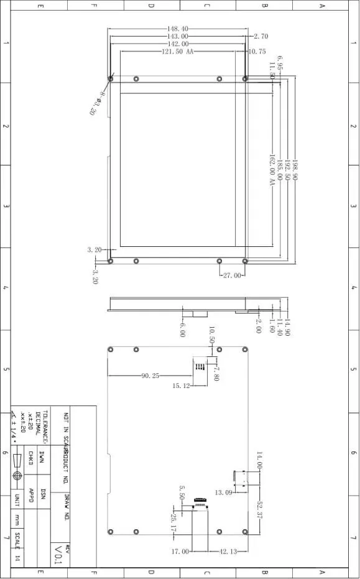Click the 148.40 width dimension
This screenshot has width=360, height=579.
pyautogui.click(x=177, y=29)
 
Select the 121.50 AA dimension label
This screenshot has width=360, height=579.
pyautogui.click(x=178, y=52)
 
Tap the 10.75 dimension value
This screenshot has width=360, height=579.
pyautogui.click(x=257, y=52)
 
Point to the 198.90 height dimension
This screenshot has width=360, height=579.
pyautogui.click(x=295, y=169)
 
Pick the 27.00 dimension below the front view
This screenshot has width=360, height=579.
pyautogui.click(x=231, y=275)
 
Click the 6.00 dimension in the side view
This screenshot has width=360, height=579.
pyautogui.click(x=182, y=330)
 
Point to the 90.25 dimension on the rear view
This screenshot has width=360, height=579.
pyautogui.click(x=150, y=376)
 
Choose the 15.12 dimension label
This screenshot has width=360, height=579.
pyautogui.click(x=181, y=386)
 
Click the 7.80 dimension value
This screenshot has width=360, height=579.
pyautogui.click(x=216, y=373)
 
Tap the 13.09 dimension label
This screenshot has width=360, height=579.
pyautogui.click(x=223, y=493)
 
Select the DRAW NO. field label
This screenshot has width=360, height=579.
pyautogui.click(x=66, y=507)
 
